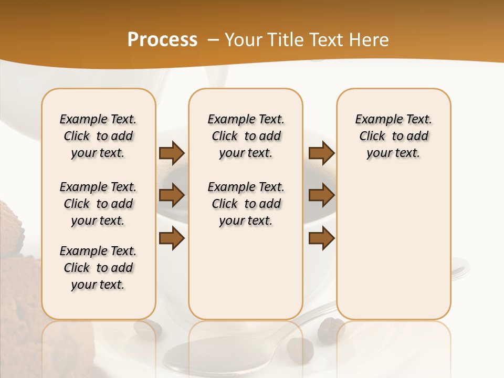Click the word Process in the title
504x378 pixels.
162,40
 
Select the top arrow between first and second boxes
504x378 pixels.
172,153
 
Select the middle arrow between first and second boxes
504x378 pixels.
172,196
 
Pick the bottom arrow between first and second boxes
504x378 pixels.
172,238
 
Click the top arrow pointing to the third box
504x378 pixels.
321,153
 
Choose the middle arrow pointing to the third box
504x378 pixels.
321,196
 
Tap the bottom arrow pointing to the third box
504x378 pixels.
321,238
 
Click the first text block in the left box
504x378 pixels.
98,136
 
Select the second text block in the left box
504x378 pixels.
98,204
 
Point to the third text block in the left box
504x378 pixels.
98,268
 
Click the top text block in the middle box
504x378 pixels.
246,136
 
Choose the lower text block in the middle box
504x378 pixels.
246,204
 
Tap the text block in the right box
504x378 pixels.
394,136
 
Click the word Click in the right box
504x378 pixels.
372,136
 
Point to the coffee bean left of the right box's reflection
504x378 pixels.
328,328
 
